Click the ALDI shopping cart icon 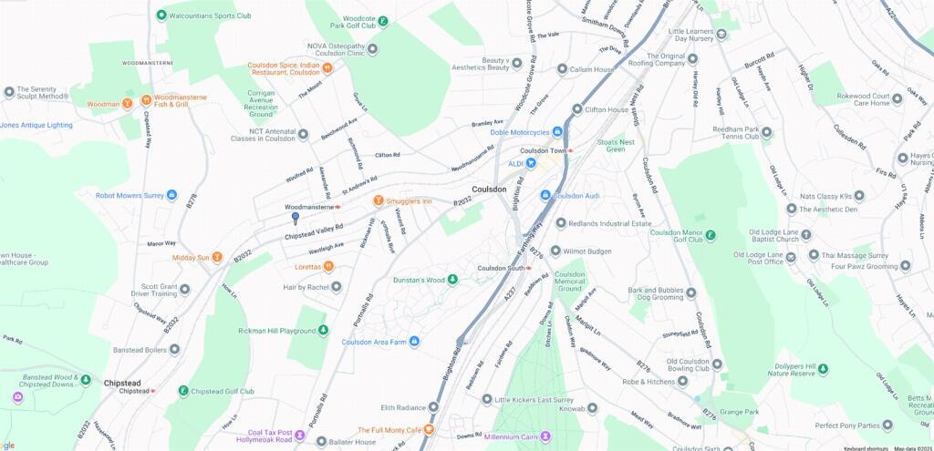[x=530, y=163]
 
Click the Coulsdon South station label [x=503, y=268]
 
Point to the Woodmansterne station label [x=311, y=207]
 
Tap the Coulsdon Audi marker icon [x=545, y=195]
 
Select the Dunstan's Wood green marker [x=451, y=280]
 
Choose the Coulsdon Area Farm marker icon [x=414, y=342]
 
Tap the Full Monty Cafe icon [x=429, y=429]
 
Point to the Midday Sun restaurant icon [x=217, y=258]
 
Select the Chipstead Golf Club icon [x=183, y=391]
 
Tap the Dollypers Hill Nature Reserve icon [x=823, y=370]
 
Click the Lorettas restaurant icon [x=328, y=267]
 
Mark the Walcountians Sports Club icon [x=161, y=15]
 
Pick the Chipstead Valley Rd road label [x=314, y=231]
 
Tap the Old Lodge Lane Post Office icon [x=791, y=257]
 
